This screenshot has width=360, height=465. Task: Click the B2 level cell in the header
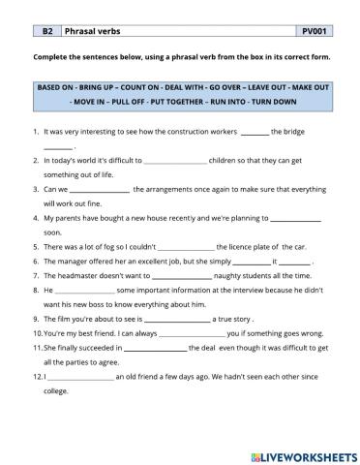[x=46, y=31]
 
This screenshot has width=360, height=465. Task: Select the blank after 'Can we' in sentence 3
[x=100, y=190]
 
